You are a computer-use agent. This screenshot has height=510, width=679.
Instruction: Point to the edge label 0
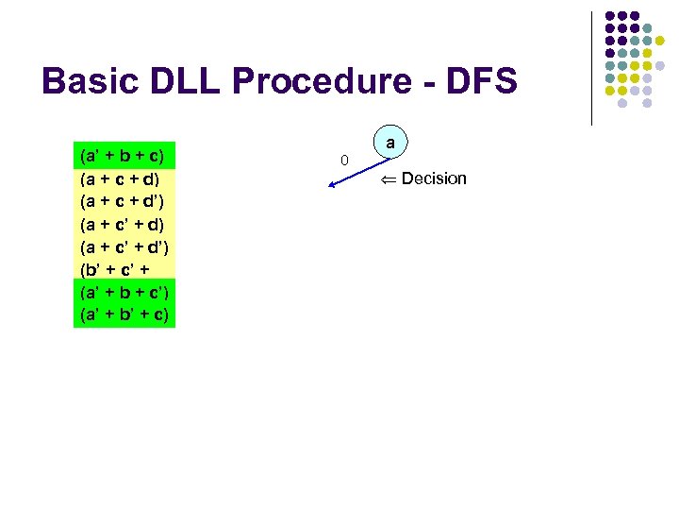coord(344,161)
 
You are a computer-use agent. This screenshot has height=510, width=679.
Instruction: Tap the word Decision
coord(434,178)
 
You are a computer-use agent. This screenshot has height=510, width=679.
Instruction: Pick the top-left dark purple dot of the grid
coord(610,17)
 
